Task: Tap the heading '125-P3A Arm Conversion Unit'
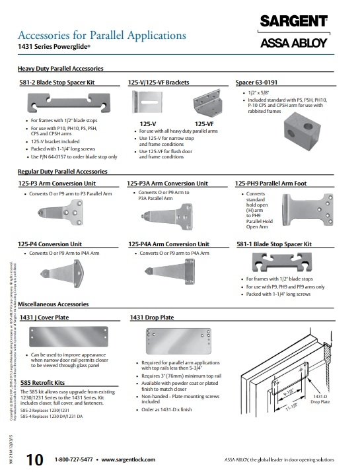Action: pos(168,184)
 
